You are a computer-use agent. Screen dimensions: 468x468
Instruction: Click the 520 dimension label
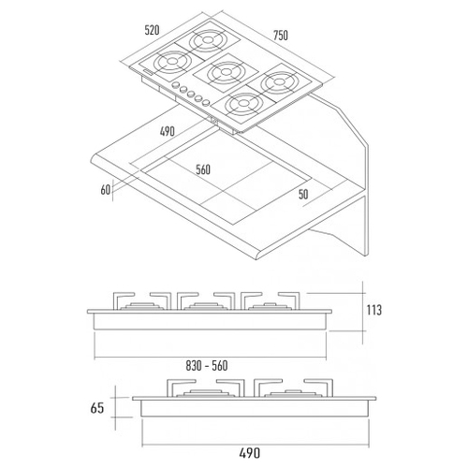pos(152,30)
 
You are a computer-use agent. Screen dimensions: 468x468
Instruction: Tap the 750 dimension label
pos(281,36)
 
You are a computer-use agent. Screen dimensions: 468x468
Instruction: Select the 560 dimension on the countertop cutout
pos(203,169)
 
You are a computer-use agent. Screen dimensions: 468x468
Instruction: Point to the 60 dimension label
pos(106,190)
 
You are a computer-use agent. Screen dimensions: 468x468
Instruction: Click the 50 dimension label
pos(303,195)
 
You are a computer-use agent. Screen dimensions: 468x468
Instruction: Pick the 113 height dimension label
pos(373,310)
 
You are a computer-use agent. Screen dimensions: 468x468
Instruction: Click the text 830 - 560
pos(207,365)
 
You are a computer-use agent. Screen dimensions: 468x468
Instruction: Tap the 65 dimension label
pos(96,408)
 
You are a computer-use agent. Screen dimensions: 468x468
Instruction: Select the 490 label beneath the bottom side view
pos(249,453)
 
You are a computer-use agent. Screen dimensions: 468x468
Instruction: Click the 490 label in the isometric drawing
pos(168,131)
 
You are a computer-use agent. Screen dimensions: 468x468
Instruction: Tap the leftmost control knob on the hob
pos(176,85)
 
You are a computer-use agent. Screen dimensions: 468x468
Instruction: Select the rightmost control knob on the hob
pos(206,102)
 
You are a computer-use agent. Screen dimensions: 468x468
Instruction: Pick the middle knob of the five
pos(191,94)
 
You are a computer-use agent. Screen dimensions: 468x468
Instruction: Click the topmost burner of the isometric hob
pos(207,40)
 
